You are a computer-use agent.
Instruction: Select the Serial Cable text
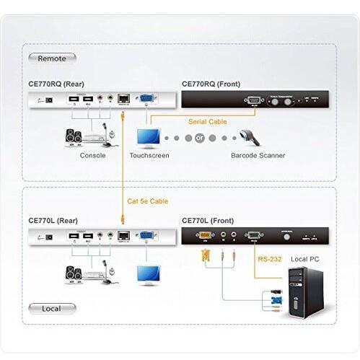tap(208, 122)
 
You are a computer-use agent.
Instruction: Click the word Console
tap(93, 155)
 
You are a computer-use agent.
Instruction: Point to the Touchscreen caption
tap(149, 155)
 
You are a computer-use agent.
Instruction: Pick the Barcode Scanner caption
tap(258, 155)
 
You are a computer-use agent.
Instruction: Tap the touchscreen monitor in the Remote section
tap(149, 136)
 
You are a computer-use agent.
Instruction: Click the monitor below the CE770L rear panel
tap(149, 273)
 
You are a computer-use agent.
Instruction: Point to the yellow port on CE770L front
tap(205, 235)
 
